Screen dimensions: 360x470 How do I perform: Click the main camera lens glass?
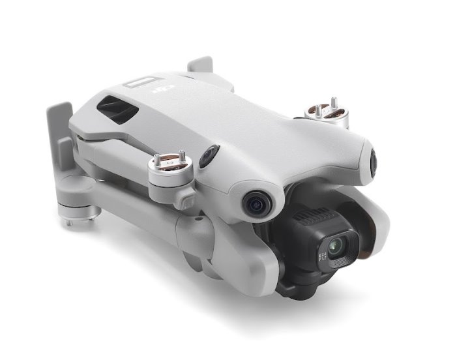click(x=336, y=247)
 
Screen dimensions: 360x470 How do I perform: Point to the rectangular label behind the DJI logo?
click(x=140, y=83)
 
